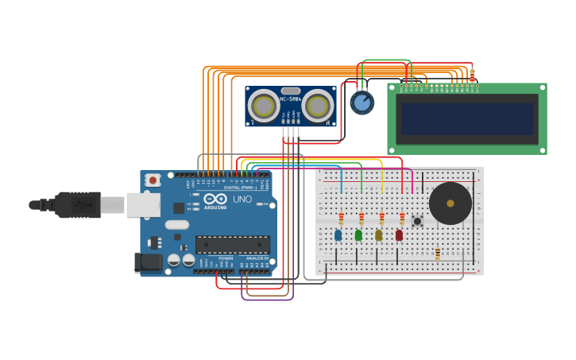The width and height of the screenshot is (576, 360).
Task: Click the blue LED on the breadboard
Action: pyautogui.click(x=338, y=234)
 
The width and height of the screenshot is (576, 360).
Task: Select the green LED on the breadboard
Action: pyautogui.click(x=358, y=234)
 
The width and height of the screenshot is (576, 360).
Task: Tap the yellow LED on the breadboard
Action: pyautogui.click(x=379, y=234)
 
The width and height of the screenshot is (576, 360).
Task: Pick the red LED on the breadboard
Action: pyautogui.click(x=399, y=234)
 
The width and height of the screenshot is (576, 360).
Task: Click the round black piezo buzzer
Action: pyautogui.click(x=450, y=203)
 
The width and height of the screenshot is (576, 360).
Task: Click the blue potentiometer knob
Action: pyautogui.click(x=361, y=103)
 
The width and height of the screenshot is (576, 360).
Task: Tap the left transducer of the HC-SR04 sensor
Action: pyautogui.click(x=263, y=106)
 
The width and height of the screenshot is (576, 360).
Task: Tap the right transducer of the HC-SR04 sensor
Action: pyautogui.click(x=318, y=106)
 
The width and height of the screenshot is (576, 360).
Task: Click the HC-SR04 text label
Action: pyautogui.click(x=291, y=99)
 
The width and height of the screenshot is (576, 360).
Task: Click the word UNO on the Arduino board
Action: pyautogui.click(x=242, y=199)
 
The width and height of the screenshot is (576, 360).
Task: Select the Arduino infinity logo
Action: pyautogui.click(x=215, y=199)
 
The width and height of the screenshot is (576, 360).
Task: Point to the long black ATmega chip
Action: pyautogui.click(x=233, y=244)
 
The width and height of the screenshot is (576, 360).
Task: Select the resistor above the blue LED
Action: pyautogui.click(x=342, y=218)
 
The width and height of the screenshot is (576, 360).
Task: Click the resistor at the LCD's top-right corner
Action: pyautogui.click(x=472, y=75)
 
